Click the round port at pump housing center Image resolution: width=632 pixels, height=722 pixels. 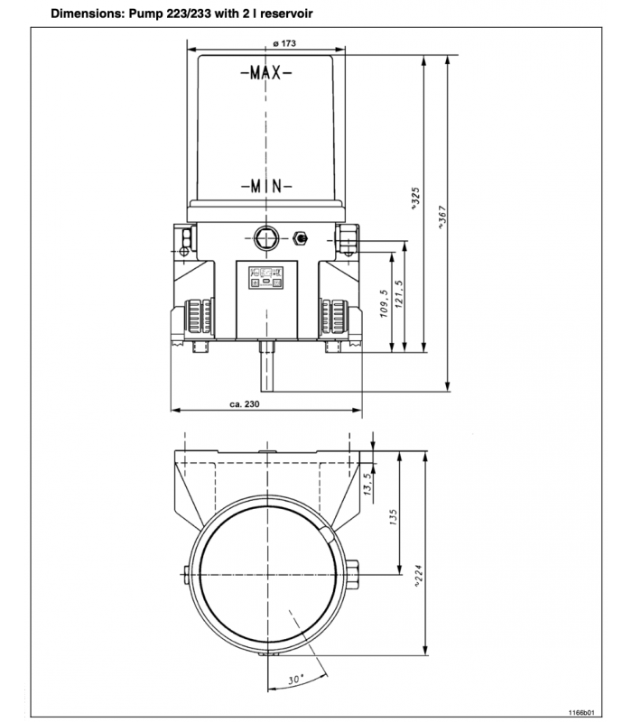[266, 237]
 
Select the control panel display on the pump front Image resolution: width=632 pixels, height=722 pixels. [266, 275]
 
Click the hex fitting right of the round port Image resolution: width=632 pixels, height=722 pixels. [300, 238]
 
